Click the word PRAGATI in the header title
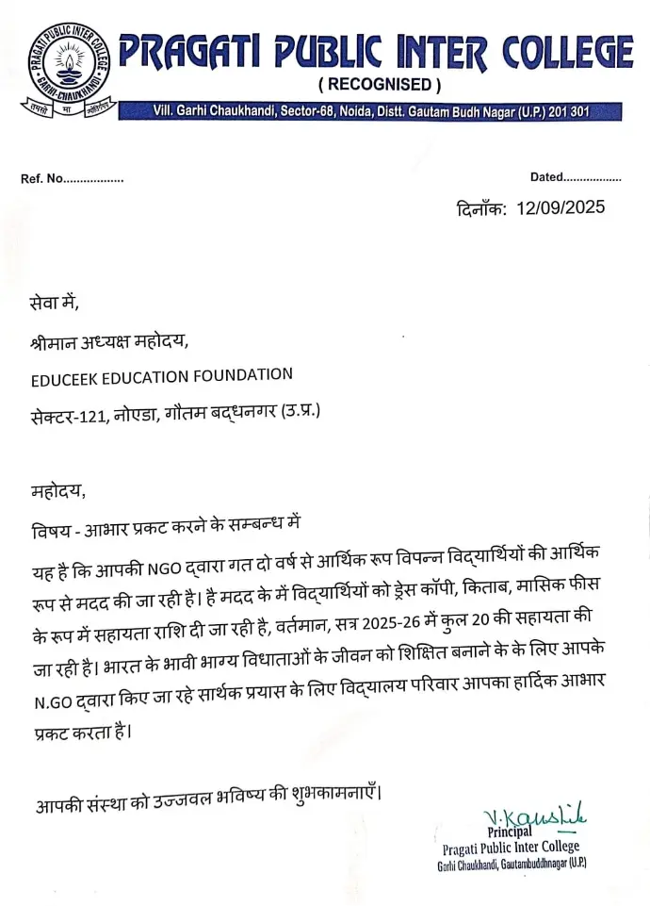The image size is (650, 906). pos(188,51)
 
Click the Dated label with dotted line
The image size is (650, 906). pos(546,176)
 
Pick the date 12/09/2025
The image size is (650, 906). pos(561,207)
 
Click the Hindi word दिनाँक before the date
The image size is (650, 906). pos(482,207)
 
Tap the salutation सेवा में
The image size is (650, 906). pos(55,304)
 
